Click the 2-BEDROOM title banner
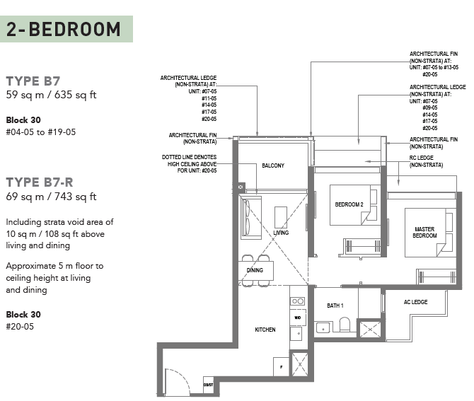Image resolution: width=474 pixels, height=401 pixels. [x=67, y=29]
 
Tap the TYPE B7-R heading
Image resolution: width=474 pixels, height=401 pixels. [x=40, y=182]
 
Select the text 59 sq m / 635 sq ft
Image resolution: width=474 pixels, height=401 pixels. [x=51, y=95]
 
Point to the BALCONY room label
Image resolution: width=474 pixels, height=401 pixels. [x=273, y=165]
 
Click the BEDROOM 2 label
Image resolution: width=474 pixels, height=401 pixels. [x=349, y=204]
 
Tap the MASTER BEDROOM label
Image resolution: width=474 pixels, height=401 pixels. [x=424, y=233]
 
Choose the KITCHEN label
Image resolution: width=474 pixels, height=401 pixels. [x=265, y=330]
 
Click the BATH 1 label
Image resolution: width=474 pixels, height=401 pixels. [x=335, y=306]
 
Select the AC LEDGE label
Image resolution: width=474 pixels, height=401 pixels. [x=416, y=302]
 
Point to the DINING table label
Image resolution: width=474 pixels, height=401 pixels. [x=255, y=270]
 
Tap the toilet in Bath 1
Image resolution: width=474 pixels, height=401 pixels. [x=345, y=324]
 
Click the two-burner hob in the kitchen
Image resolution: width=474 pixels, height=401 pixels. [x=297, y=301]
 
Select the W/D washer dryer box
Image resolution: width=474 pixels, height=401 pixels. [x=298, y=318]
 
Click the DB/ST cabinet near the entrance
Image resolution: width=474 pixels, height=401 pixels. [x=208, y=385]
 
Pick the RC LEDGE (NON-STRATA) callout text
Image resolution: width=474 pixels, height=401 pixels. [x=426, y=161]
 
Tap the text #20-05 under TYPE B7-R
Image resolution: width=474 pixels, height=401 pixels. [x=20, y=327]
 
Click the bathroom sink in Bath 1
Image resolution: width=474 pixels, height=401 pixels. [x=323, y=328]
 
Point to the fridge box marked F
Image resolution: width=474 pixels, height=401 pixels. [x=281, y=367]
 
